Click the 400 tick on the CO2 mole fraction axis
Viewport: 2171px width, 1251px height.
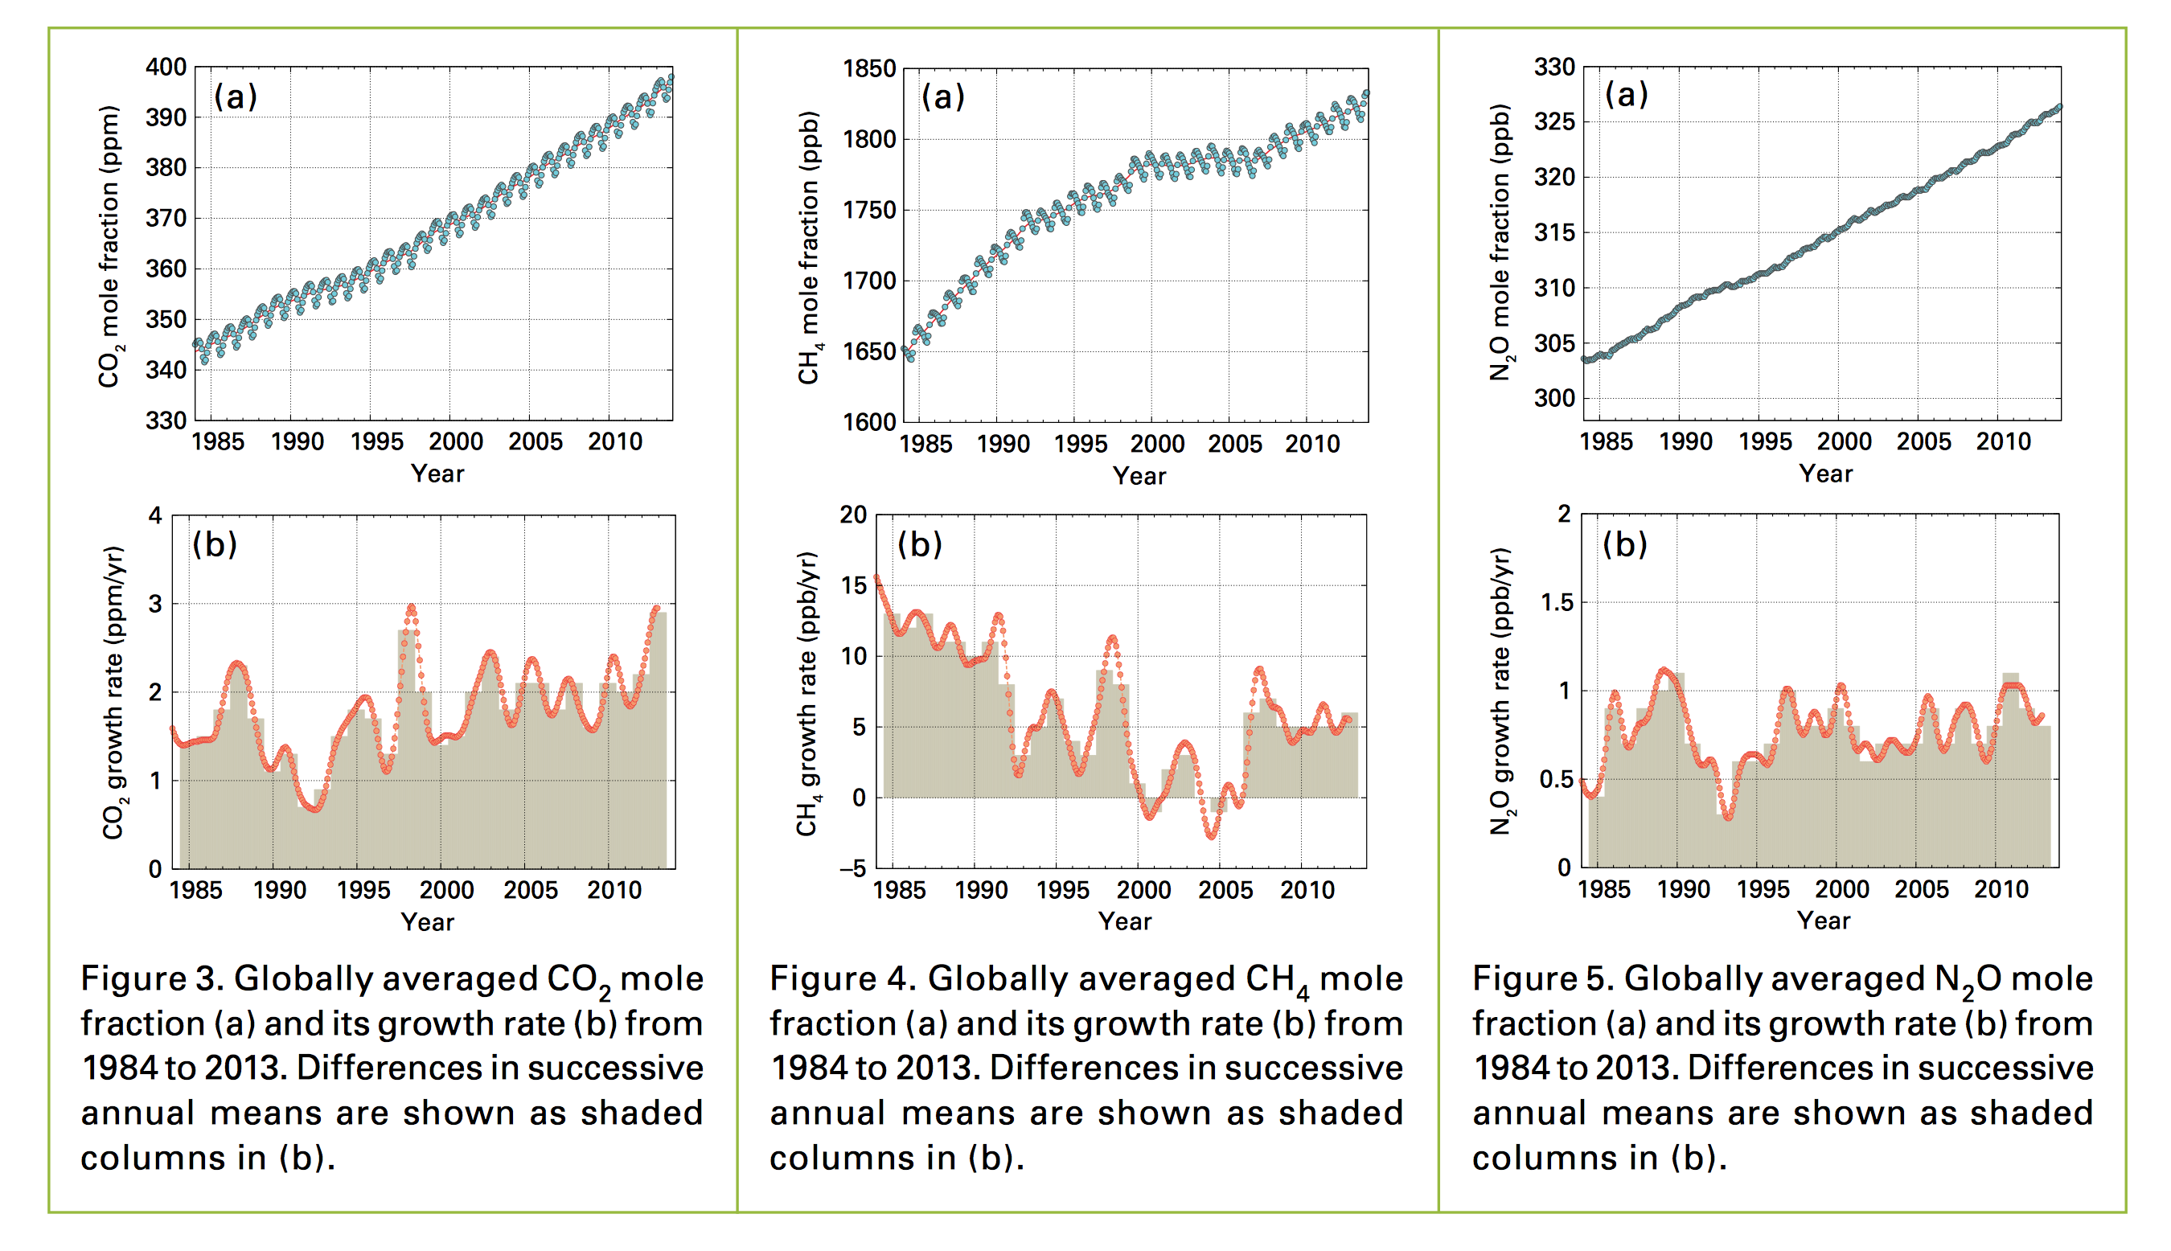[166, 67]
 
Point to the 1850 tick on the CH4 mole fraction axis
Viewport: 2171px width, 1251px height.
[869, 68]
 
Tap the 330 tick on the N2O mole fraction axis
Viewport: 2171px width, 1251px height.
[1555, 67]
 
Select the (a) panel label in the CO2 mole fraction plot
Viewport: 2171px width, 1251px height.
[236, 96]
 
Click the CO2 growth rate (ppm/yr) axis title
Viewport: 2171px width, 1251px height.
[114, 692]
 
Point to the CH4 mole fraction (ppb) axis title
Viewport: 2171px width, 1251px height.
[809, 248]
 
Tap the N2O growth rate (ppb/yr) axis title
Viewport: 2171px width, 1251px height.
[1500, 692]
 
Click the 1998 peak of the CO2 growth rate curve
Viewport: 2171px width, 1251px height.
[411, 608]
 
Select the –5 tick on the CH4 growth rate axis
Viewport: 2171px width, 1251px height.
[853, 868]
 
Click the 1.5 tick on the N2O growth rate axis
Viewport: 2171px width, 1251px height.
[1557, 603]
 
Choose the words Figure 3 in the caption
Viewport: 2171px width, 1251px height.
[151, 978]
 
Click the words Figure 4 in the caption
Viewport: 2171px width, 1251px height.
[842, 978]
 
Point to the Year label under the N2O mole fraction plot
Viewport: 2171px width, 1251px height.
[1825, 474]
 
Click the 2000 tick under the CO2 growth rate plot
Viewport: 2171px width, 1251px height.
[447, 890]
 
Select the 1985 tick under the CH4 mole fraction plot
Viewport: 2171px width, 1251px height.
[925, 445]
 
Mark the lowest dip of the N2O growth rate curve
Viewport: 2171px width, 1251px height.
[1728, 818]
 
